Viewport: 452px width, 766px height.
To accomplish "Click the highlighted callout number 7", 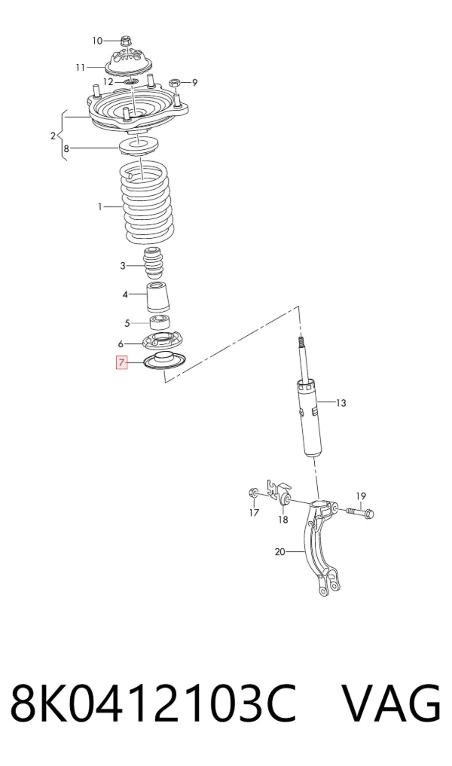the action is tap(121, 362).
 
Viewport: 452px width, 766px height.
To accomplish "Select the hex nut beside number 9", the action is tap(175, 83).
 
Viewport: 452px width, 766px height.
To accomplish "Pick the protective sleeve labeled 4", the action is tap(159, 298).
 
